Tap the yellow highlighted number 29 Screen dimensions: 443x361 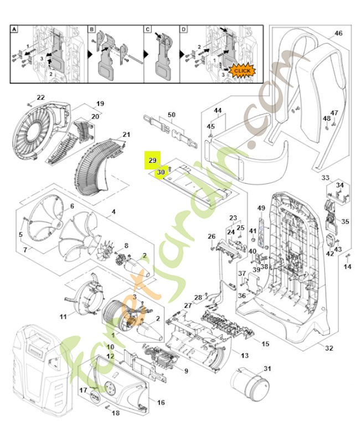152,160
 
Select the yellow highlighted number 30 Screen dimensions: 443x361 161,173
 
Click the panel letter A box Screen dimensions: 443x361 15,29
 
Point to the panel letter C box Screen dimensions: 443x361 148,29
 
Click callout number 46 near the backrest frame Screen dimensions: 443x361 338,33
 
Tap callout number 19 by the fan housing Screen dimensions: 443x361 100,104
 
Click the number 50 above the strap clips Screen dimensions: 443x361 172,115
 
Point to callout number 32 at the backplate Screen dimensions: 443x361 329,348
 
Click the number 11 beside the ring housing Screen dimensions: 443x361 63,317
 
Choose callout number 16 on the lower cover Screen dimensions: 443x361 161,402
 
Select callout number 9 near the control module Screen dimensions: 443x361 186,370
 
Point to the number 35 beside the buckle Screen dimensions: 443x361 345,221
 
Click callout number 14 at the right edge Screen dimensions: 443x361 348,267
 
